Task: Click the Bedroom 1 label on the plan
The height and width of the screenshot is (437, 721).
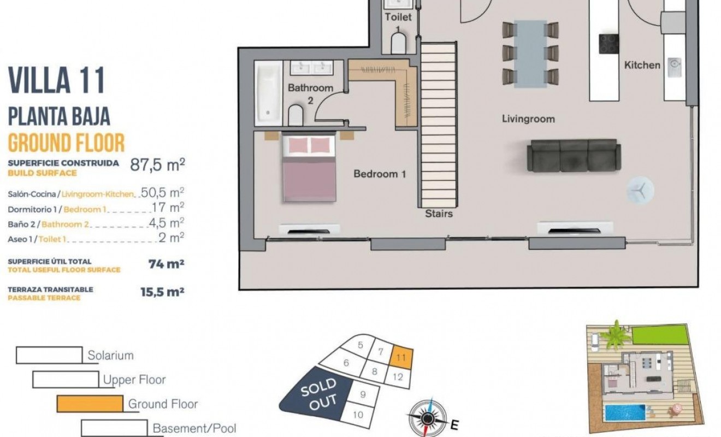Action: (x=380, y=174)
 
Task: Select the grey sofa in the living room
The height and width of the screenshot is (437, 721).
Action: (x=572, y=155)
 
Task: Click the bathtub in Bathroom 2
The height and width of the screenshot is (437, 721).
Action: (x=268, y=91)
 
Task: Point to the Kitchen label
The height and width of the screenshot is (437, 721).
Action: (x=642, y=65)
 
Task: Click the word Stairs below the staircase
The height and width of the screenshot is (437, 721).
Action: (x=439, y=214)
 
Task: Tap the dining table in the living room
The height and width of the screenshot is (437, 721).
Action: (x=530, y=54)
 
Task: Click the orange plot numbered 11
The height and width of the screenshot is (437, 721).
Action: (x=402, y=358)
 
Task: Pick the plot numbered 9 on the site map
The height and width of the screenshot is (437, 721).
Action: (x=362, y=394)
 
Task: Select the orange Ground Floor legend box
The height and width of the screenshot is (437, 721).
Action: (x=90, y=404)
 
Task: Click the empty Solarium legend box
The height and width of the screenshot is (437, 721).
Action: (x=49, y=355)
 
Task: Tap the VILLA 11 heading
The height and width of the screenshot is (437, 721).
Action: (x=57, y=80)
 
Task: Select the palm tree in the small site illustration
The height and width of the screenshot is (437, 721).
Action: (x=616, y=335)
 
